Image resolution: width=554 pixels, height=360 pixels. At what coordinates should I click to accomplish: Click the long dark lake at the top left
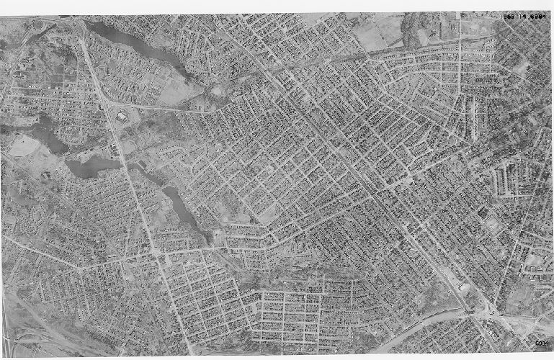pyautogui.click(x=137, y=44)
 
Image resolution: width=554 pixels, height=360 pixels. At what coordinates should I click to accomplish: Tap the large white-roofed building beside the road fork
pyautogui.click(x=120, y=115)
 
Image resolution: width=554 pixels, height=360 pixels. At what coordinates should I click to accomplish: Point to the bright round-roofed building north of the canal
pyautogui.click(x=463, y=287)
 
